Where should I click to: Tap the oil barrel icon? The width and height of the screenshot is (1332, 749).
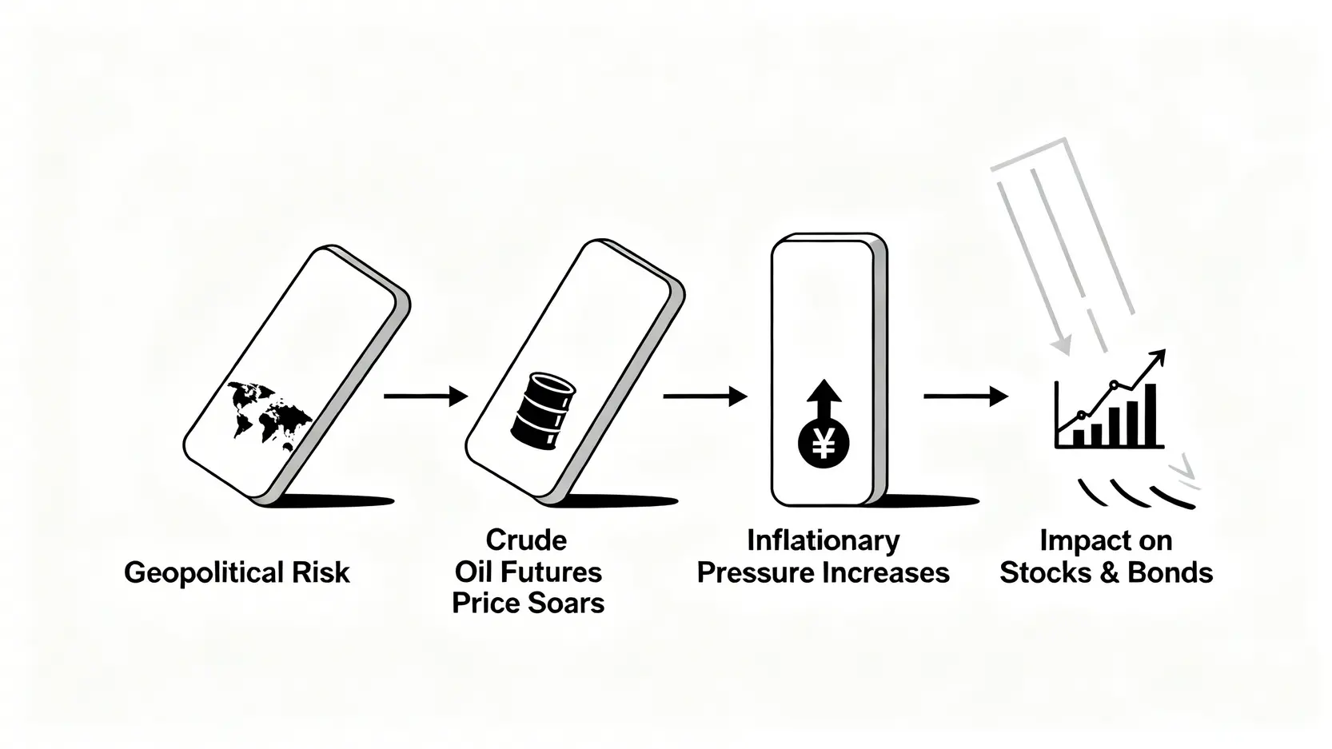point(542,412)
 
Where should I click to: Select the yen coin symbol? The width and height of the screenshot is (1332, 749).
point(823,442)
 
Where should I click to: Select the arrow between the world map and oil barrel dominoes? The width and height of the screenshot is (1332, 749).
point(425,396)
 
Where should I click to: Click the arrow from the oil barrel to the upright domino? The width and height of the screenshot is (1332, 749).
point(704,396)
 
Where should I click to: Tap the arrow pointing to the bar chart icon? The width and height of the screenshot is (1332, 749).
point(965,396)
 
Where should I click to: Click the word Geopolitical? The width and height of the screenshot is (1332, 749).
point(204,573)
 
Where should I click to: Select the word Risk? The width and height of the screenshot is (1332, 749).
point(322,572)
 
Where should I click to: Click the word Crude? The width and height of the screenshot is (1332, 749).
point(526,540)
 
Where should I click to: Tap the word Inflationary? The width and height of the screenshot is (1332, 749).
point(823,541)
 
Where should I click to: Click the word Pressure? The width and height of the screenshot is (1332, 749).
point(749,572)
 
